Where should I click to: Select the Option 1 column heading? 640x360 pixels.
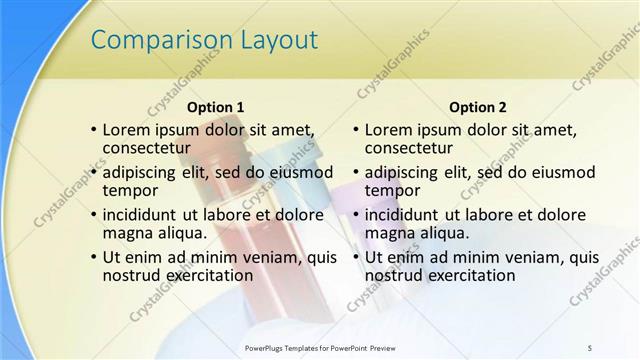click(215, 107)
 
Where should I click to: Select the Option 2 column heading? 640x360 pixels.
click(478, 107)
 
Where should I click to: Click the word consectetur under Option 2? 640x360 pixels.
click(413, 148)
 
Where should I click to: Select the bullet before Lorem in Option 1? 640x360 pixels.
click(93, 130)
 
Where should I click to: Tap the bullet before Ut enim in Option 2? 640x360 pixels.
click(356, 257)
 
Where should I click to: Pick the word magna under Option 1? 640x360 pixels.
click(127, 233)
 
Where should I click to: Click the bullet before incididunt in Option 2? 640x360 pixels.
click(356, 214)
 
